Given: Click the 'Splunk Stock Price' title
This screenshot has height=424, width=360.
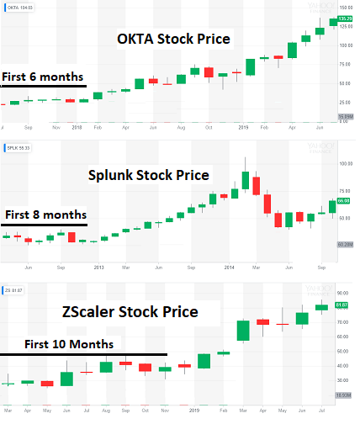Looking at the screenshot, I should click(148, 176).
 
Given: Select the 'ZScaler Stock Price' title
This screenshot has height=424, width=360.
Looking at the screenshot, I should click(130, 312).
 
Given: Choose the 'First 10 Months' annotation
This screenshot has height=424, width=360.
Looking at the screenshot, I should click(62, 344).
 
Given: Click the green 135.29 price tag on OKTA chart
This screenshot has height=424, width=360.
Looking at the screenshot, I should click(345, 19).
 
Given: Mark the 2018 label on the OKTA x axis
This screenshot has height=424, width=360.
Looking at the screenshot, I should click(77, 127).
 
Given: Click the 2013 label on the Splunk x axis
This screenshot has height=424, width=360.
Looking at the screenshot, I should click(98, 268).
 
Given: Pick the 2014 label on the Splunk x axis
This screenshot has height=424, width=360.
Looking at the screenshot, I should click(230, 268).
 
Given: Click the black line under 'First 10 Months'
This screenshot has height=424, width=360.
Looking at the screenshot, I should click(84, 354).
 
